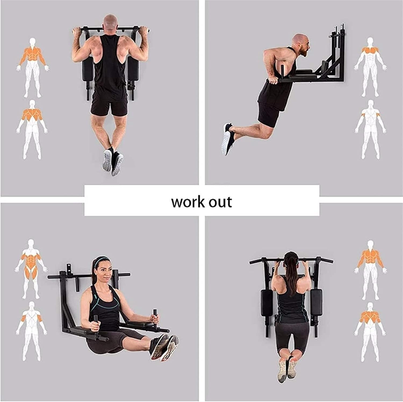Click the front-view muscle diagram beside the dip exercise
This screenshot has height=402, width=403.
(x=371, y=67)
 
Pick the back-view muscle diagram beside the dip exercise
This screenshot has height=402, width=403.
(x=371, y=130)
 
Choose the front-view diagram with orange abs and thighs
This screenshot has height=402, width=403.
(x=31, y=269)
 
